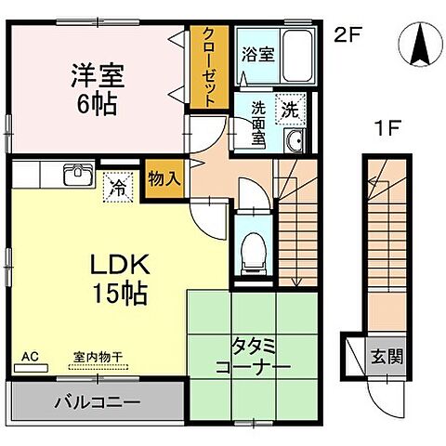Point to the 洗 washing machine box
tap(291, 108)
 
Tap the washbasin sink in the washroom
tap(295, 140)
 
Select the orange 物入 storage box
tap(164, 177)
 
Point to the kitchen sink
tap(76, 174)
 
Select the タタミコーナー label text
tap(252, 357)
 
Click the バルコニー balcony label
tap(96, 404)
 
